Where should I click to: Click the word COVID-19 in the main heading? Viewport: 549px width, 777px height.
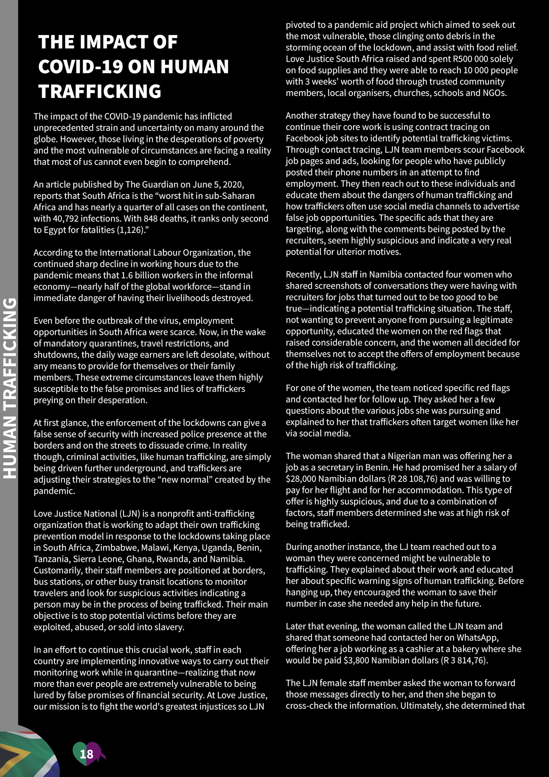point(80,67)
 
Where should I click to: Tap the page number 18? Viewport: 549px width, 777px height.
point(86,754)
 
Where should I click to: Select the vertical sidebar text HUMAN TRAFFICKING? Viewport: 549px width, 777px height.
point(9,388)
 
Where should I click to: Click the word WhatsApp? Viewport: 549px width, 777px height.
point(477,638)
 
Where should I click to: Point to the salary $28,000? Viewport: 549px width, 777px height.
point(301,479)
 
